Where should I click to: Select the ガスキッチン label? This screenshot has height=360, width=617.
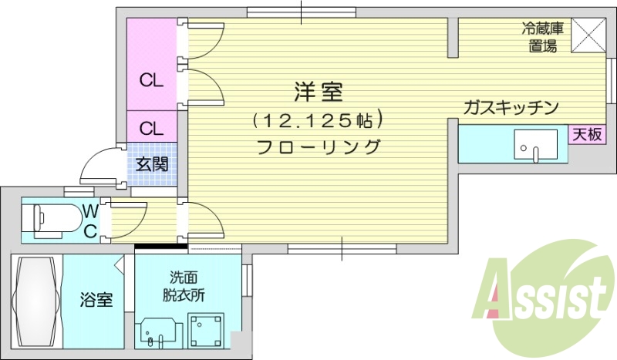511,107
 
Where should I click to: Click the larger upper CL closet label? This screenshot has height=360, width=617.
151,80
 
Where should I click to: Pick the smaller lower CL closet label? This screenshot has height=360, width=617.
151,127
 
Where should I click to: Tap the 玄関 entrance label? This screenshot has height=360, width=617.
152,163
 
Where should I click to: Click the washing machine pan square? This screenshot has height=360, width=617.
205,331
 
